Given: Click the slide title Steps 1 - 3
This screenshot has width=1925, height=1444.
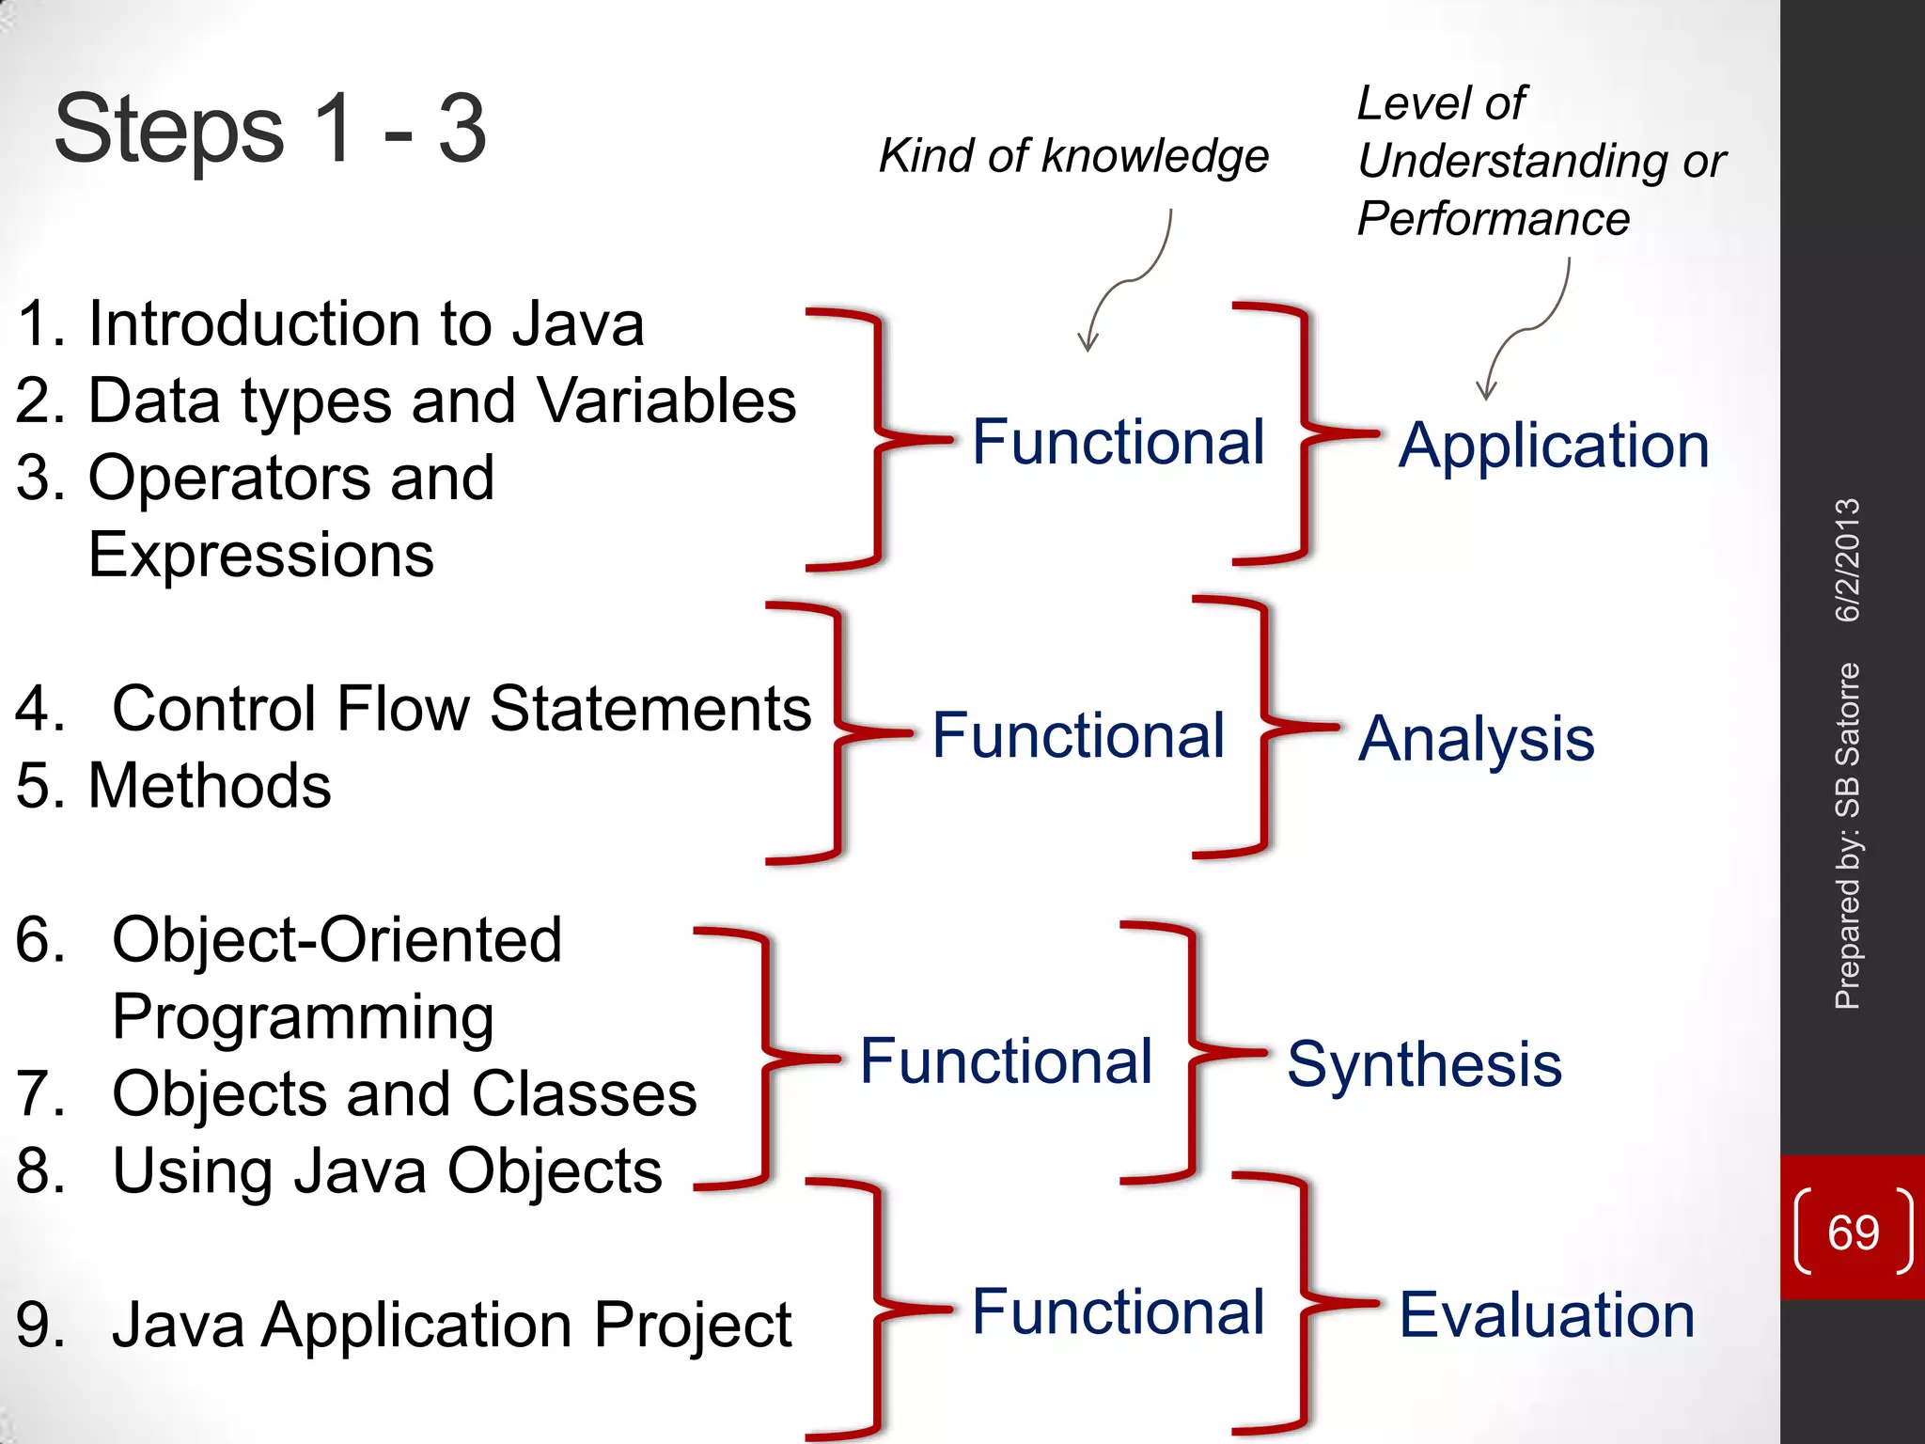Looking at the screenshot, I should pos(271,129).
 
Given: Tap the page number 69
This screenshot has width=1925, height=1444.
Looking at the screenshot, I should pos(1853,1232).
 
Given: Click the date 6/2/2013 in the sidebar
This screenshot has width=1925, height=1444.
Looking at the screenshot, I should pos(1848,560).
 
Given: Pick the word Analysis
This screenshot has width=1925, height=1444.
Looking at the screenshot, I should pos(1476,738).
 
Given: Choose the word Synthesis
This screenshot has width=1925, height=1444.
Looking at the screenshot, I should pos(1423,1064).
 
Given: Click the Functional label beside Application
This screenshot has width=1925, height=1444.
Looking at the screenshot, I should pos(1118,442).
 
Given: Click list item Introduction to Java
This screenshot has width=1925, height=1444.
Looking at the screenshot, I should pos(365,324).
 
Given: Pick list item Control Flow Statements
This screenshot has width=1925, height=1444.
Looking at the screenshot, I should pos(461,708).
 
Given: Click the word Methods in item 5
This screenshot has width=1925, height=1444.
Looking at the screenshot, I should pos(209,785).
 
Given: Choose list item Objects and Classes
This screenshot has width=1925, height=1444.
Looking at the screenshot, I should pos(404,1094).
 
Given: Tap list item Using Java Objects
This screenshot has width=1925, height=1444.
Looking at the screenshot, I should pos(386,1171).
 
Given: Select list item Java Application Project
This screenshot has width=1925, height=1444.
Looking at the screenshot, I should pos(451,1325).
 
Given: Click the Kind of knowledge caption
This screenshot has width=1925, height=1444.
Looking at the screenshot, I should pos(1072,156).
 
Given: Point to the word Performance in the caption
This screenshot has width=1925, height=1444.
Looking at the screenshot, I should pos(1493,219).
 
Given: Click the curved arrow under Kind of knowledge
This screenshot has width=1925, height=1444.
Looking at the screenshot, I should pos(1128,282).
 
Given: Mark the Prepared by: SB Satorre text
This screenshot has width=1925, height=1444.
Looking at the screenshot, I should pos(1848,837).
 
